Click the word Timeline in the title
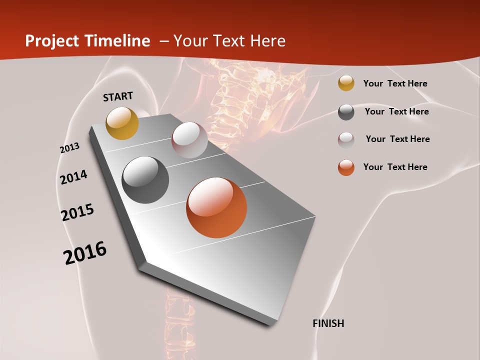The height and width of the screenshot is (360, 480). tap(120, 41)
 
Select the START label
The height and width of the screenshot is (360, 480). tap(118, 96)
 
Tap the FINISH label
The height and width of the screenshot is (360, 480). tap(328, 323)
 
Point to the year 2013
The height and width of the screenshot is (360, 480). tap(69, 148)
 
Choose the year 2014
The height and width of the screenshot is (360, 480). tap(74, 177)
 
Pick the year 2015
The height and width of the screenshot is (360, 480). tap(77, 212)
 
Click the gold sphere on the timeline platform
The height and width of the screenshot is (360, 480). tap(122, 123)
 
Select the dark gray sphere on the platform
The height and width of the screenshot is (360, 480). tap(145, 180)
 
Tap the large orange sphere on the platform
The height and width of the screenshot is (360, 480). tap(216, 207)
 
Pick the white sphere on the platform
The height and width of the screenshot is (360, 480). tap(189, 140)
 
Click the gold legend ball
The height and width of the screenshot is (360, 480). tap(346, 83)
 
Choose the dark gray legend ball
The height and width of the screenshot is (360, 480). tap(346, 112)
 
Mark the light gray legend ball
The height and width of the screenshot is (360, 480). tap(346, 139)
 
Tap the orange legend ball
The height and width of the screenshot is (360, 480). tap(346, 167)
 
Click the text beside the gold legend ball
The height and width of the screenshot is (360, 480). tap(395, 83)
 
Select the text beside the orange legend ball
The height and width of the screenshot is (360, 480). tap(395, 167)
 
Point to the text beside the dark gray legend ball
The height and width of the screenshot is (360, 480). tap(397, 111)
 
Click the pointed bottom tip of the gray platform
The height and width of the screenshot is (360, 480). tap(272, 324)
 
